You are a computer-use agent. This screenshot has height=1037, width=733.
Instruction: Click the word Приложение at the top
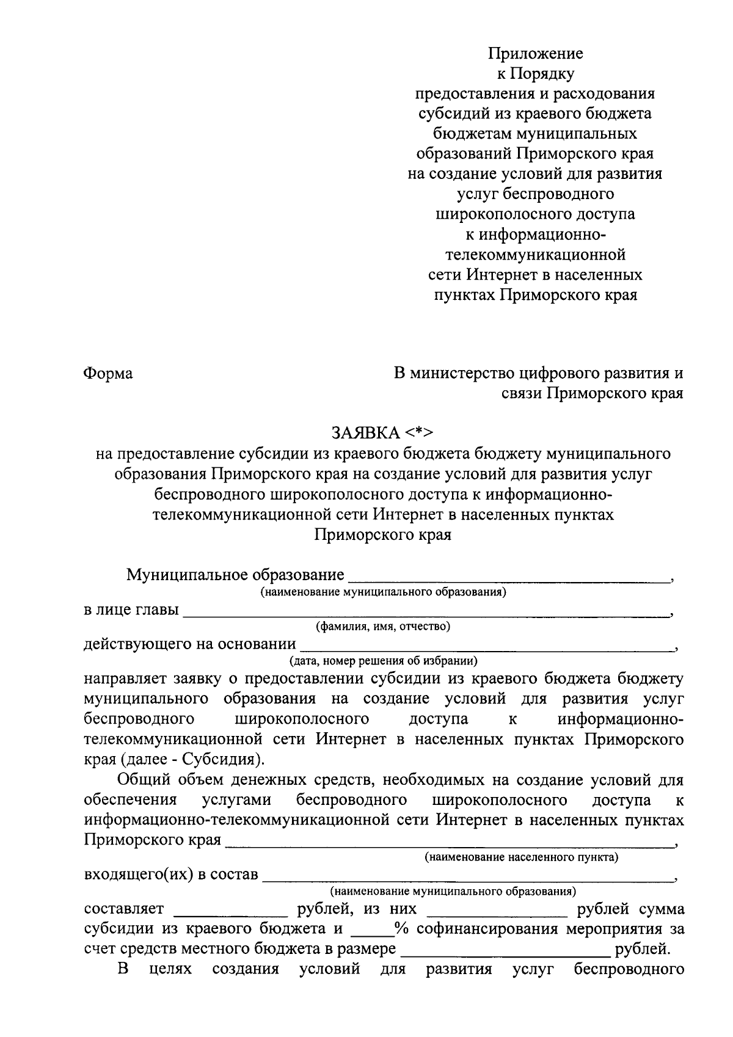535,54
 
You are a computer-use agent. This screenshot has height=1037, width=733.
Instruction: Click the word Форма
108,373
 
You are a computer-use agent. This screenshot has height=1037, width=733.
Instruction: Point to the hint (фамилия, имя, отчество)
383,626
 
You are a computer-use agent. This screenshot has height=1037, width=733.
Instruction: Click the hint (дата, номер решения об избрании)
383,660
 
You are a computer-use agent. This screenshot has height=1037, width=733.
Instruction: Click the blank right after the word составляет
231,910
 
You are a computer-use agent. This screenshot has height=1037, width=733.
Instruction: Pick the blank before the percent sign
372,930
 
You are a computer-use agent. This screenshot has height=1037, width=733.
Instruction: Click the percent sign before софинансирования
401,929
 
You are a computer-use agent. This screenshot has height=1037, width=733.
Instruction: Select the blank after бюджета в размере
505,950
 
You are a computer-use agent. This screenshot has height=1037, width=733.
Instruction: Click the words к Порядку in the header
534,74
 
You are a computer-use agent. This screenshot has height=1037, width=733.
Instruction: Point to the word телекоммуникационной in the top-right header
534,255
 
